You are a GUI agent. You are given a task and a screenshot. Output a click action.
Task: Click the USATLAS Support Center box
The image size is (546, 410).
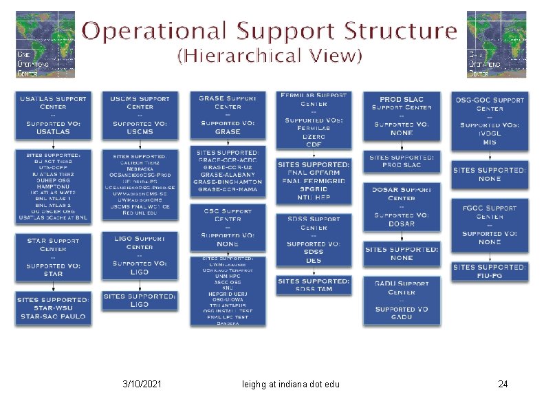(x=52, y=115)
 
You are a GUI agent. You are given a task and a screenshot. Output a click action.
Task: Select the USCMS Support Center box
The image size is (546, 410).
(x=140, y=115)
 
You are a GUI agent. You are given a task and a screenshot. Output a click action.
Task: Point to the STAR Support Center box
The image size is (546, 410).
(x=52, y=257)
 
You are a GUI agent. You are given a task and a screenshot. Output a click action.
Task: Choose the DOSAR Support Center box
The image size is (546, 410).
(x=402, y=206)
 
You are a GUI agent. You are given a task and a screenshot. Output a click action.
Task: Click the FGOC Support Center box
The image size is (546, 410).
(x=490, y=225)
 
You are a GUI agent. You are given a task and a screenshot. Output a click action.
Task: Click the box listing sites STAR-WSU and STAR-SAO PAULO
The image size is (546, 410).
(x=53, y=308)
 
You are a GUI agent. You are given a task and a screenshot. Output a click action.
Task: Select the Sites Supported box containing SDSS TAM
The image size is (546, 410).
(x=314, y=285)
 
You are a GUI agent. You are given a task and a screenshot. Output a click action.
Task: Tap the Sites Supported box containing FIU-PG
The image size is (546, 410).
(x=490, y=271)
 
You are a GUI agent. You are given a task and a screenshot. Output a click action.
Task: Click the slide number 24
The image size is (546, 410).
(x=503, y=384)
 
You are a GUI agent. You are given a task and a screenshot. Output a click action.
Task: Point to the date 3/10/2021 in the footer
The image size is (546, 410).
(x=142, y=384)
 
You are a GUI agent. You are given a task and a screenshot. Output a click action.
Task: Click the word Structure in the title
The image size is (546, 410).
(x=400, y=31)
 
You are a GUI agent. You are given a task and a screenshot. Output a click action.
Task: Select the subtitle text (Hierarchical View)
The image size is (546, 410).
(x=270, y=56)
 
